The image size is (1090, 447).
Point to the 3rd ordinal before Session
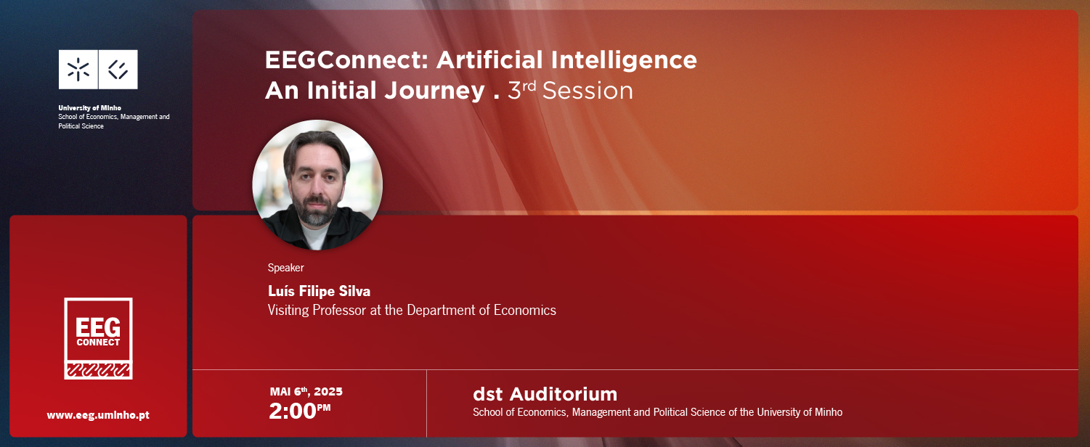coord(521,90)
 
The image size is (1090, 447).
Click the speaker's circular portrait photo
coord(317,185)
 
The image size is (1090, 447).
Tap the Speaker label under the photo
coord(285,268)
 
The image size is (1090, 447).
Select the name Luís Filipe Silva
coord(319,291)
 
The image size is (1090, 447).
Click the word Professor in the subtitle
coord(339,310)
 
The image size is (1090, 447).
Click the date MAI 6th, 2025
coord(306,392)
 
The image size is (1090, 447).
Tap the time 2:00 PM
coord(300,411)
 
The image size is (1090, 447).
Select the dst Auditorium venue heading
coord(545,394)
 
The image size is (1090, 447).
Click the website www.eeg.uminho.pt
coord(98,415)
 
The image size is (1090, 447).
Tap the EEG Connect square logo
coord(98,339)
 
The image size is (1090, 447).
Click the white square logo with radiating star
coord(78,69)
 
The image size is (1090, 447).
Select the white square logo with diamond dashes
coord(118,69)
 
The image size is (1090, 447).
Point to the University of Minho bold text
coord(89,108)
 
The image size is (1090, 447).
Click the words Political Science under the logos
coord(81,126)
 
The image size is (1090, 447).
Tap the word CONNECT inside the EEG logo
coord(98,343)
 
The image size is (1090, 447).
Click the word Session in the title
coord(587,91)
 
